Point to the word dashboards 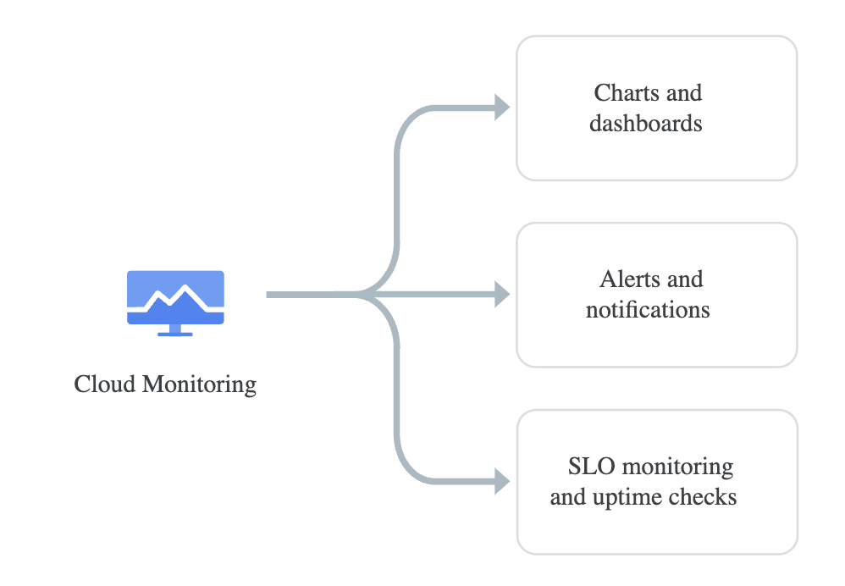pyautogui.click(x=646, y=124)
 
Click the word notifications pyautogui.click(x=648, y=309)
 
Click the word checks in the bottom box pyautogui.click(x=704, y=496)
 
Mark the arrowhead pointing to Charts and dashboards pyautogui.click(x=502, y=108)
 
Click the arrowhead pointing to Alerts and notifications pyautogui.click(x=502, y=295)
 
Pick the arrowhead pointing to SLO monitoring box pyautogui.click(x=502, y=482)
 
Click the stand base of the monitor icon pyautogui.click(x=175, y=334)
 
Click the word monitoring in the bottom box pyautogui.click(x=677, y=467)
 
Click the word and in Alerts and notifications pyautogui.click(x=686, y=279)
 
